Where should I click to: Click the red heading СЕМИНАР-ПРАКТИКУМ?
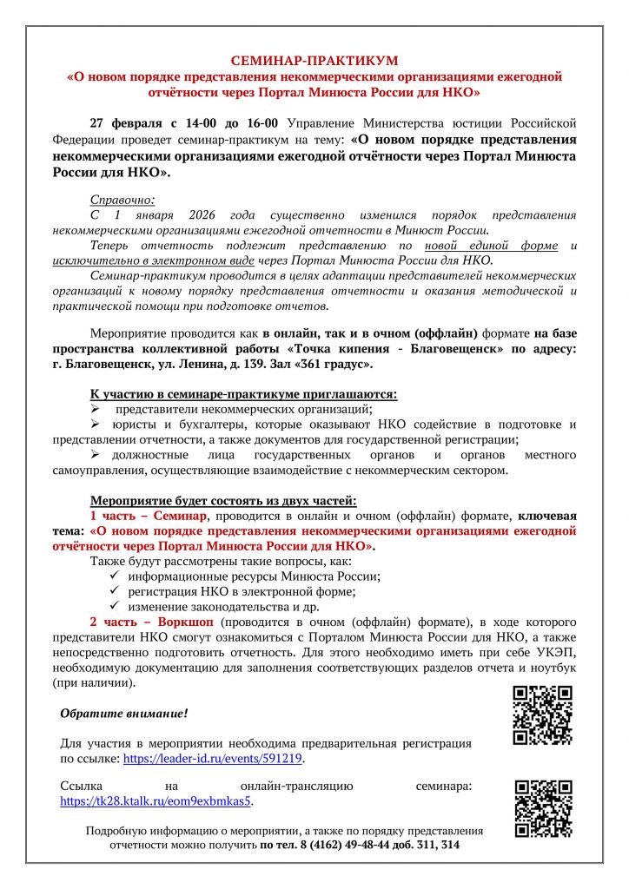(314, 60)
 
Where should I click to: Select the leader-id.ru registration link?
(213, 758)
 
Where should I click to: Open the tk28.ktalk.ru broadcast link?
(156, 800)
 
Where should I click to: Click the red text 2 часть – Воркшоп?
(151, 622)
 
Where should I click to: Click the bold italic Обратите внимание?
(123, 714)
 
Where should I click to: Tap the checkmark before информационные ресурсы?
(116, 576)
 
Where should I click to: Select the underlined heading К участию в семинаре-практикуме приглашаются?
(243, 393)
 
